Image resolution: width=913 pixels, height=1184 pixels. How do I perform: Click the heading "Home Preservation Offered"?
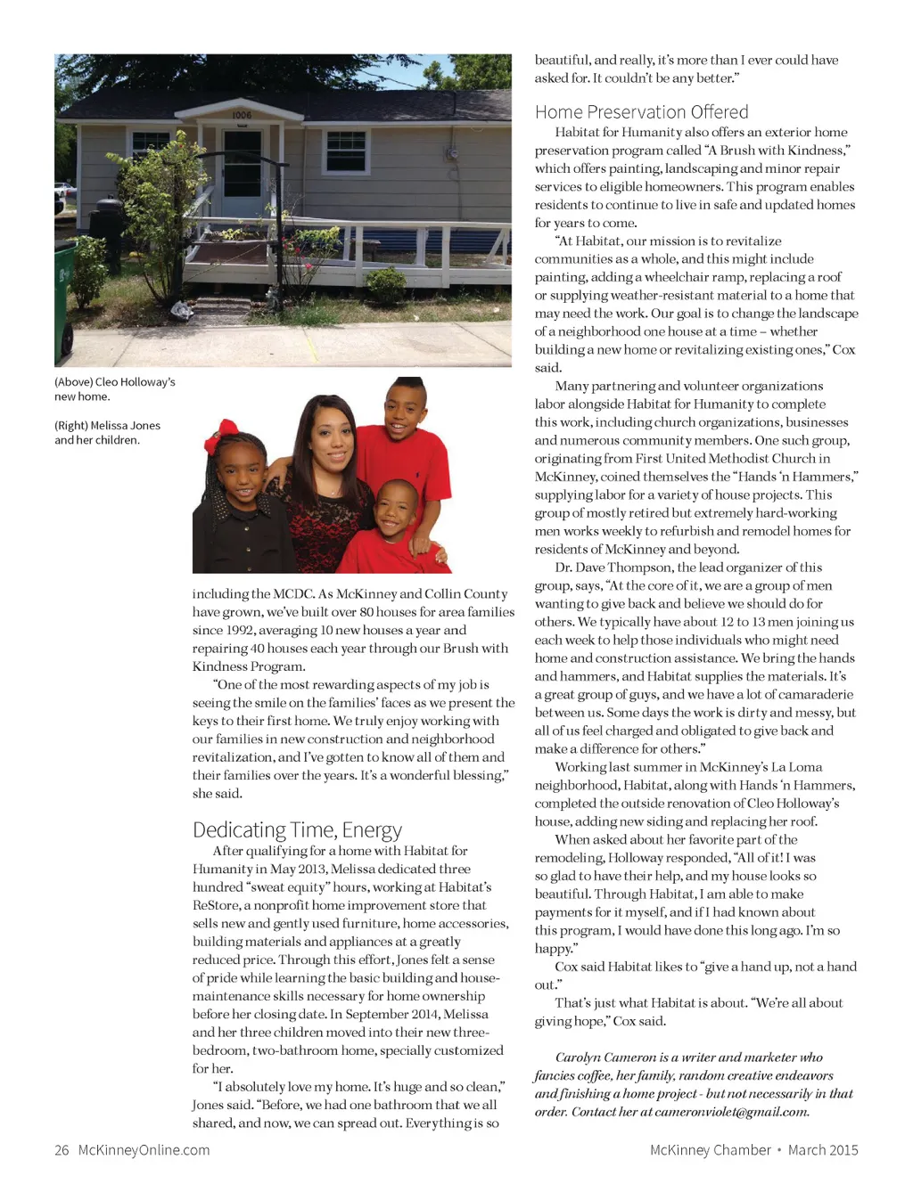click(641, 112)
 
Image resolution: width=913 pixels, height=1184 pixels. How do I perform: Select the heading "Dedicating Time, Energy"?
click(297, 830)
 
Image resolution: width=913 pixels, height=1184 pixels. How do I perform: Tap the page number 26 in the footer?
click(62, 1150)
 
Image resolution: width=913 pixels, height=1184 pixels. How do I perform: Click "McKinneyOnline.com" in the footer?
click(144, 1150)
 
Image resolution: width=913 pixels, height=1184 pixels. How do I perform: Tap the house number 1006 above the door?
click(242, 115)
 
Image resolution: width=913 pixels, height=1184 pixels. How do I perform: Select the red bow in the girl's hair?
click(220, 438)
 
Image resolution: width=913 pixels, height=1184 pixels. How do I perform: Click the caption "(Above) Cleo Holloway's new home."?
click(114, 389)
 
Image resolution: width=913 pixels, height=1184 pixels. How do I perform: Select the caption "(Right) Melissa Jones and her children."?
click(107, 433)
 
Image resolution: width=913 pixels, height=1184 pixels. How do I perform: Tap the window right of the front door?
click(346, 151)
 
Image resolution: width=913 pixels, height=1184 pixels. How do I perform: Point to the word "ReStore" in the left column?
click(216, 905)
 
